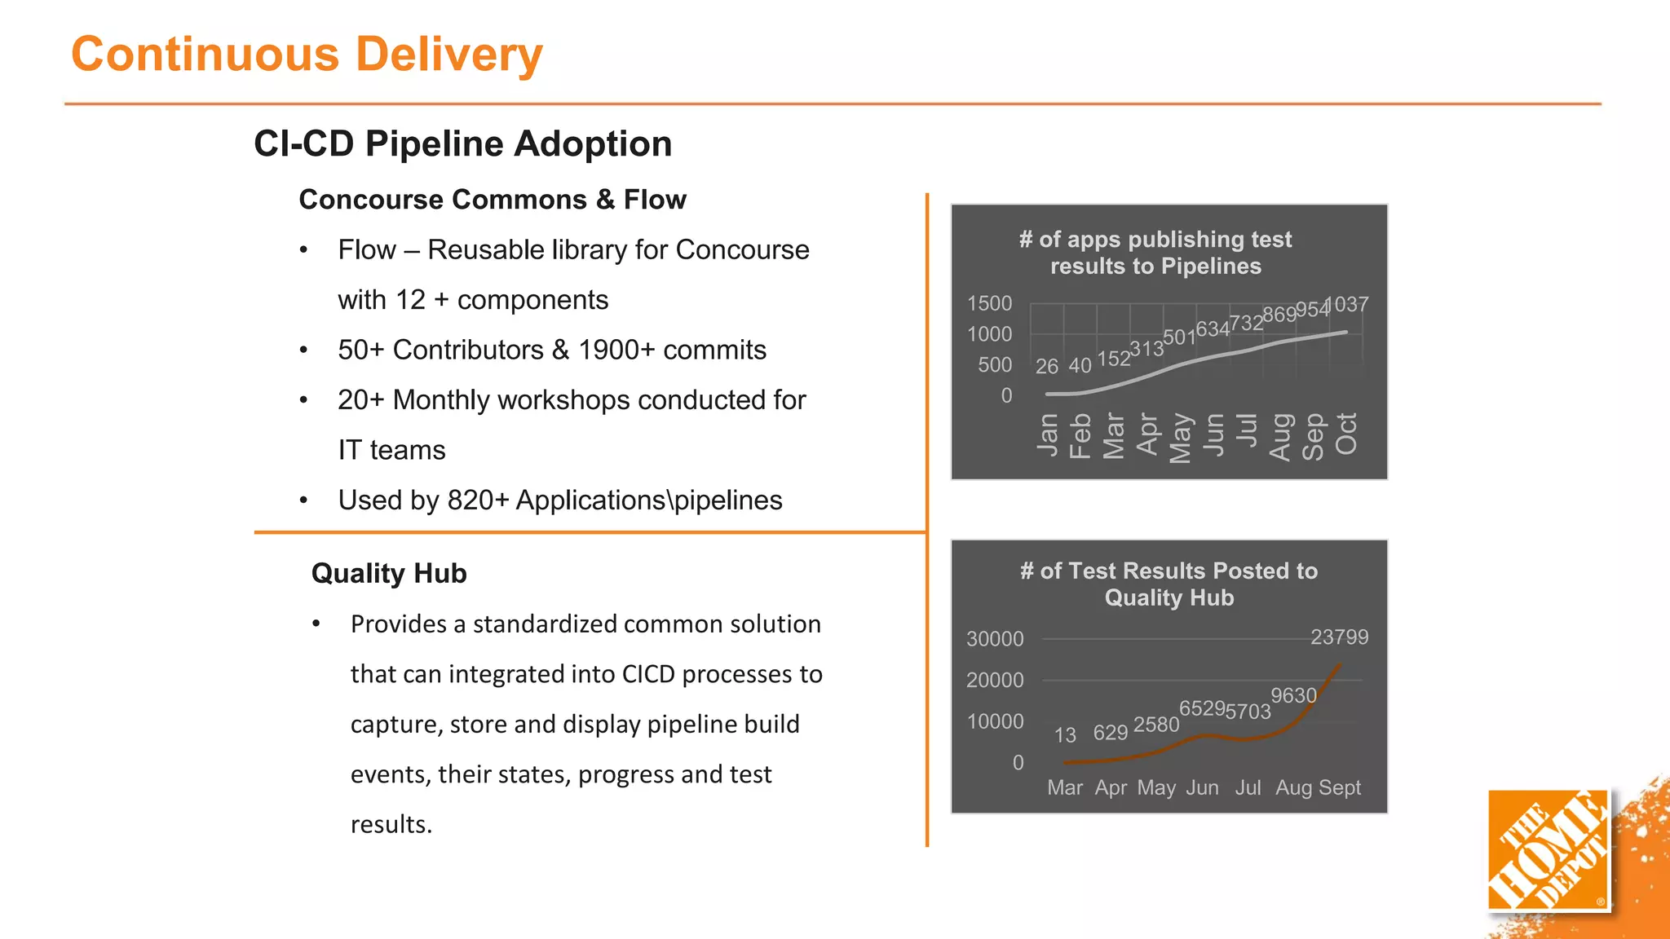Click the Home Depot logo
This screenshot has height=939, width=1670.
pyautogui.click(x=1548, y=850)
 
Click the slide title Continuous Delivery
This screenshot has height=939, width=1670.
pyautogui.click(x=307, y=55)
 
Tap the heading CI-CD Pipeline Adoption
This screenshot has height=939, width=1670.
pyautogui.click(x=462, y=143)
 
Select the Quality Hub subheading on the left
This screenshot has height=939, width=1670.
pyautogui.click(x=389, y=573)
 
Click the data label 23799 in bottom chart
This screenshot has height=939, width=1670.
pyautogui.click(x=1339, y=637)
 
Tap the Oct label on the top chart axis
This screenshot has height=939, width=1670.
pyautogui.click(x=1346, y=434)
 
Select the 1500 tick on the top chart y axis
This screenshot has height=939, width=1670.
pyautogui.click(x=989, y=303)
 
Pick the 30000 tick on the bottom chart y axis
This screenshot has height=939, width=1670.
pyautogui.click(x=995, y=638)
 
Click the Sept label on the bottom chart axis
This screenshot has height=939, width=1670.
pyautogui.click(x=1340, y=787)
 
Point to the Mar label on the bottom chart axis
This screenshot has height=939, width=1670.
pyautogui.click(x=1065, y=787)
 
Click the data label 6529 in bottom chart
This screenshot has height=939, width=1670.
pyautogui.click(x=1202, y=708)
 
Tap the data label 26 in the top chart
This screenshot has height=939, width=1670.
pyautogui.click(x=1046, y=366)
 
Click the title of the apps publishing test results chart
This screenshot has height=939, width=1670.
pyautogui.click(x=1155, y=253)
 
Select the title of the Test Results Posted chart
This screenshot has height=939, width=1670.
pyautogui.click(x=1169, y=584)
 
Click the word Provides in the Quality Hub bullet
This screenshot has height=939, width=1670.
pyautogui.click(x=399, y=624)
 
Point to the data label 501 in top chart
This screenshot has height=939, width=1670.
pyautogui.click(x=1178, y=337)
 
